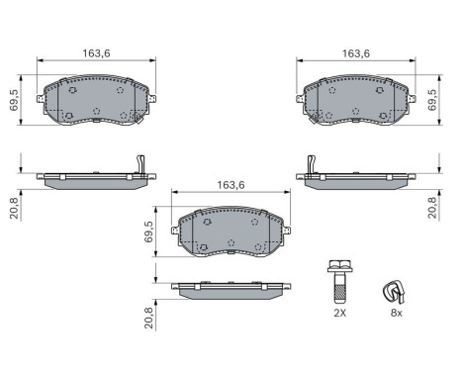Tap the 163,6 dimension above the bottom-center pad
pyautogui.click(x=230, y=184)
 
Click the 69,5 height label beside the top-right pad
pyautogui.click(x=431, y=101)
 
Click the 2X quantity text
pyautogui.click(x=340, y=313)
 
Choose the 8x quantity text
pyautogui.click(x=396, y=313)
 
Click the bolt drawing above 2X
pyautogui.click(x=339, y=280)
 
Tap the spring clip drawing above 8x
pyautogui.click(x=396, y=291)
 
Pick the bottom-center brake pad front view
pyautogui.click(x=230, y=232)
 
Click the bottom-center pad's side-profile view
pyautogui.click(x=230, y=289)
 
